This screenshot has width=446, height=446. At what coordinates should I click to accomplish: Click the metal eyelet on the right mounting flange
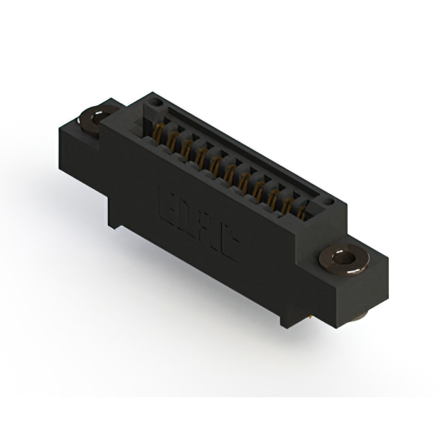(343, 260)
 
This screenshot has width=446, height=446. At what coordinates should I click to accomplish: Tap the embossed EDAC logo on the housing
(198, 222)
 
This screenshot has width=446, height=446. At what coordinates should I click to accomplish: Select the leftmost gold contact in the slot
(155, 132)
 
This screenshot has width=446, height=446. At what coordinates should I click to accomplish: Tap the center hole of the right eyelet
(343, 259)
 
